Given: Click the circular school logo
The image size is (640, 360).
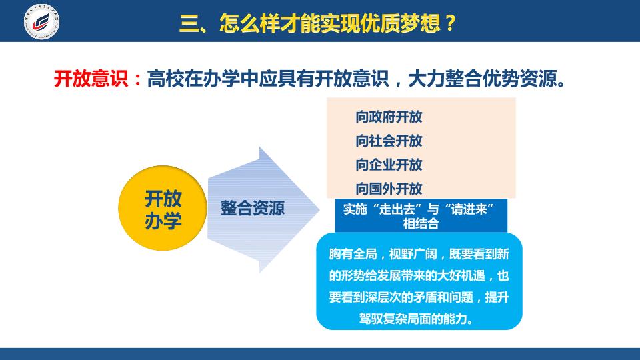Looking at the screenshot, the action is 41,21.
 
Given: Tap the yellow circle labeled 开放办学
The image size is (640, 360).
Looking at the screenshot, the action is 163,208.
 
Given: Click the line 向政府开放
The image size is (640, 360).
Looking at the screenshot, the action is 389,117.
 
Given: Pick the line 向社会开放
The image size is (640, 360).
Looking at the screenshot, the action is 389,141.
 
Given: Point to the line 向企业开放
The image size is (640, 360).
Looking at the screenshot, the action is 389,165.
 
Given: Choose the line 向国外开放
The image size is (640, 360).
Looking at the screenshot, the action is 389,189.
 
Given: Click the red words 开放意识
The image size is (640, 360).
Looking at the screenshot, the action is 91,79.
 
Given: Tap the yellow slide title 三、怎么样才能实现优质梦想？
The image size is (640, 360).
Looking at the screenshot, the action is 317,23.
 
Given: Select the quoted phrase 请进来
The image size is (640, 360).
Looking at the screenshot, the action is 469,209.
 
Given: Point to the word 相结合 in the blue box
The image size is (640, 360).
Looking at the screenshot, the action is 421,224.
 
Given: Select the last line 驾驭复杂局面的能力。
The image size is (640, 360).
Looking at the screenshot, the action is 416,319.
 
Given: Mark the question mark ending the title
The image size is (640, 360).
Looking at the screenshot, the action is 450,23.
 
